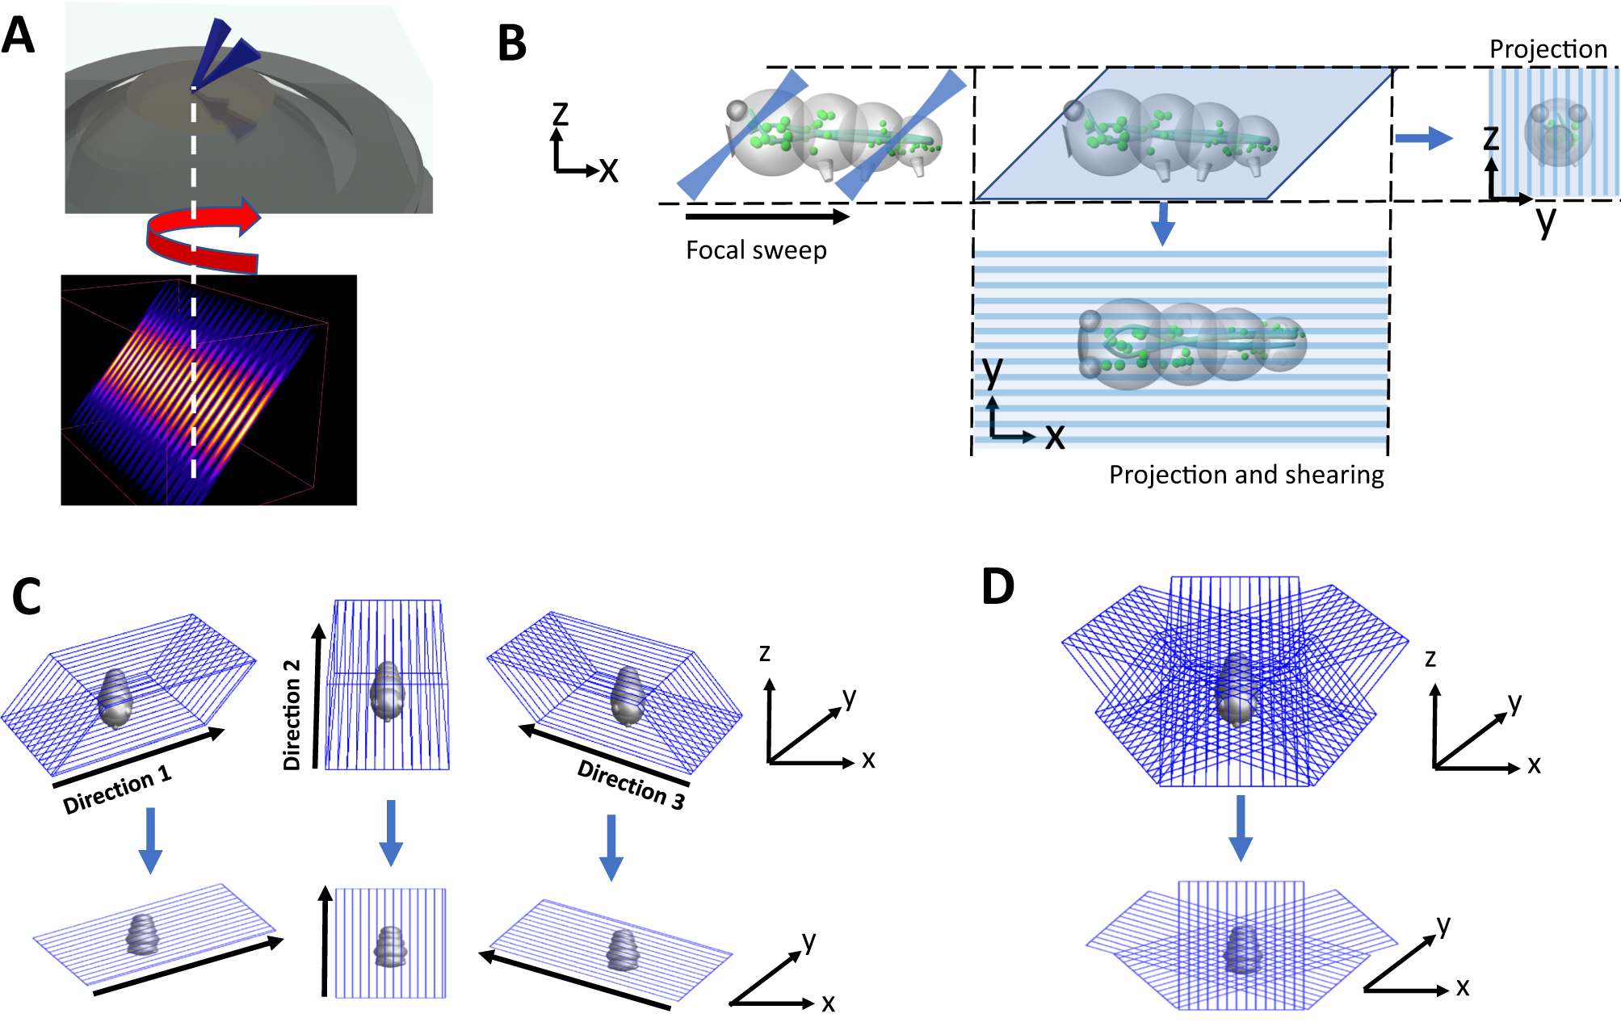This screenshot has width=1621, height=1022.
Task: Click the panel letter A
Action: [19, 36]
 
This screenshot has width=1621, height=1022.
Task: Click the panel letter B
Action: [512, 44]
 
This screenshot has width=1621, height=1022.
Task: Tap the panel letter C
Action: [26, 597]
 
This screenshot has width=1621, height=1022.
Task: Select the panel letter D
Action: [998, 587]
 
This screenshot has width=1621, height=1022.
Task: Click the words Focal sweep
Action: [756, 250]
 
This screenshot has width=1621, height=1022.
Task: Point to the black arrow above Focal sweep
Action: [766, 216]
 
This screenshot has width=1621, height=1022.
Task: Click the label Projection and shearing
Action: [1245, 475]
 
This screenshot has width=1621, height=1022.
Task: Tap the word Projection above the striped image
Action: [1548, 49]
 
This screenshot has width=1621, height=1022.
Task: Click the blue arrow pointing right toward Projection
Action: [1424, 138]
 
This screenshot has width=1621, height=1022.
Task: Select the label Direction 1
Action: [117, 790]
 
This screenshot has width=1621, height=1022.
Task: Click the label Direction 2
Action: [292, 714]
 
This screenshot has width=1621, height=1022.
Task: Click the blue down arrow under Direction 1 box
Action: [150, 840]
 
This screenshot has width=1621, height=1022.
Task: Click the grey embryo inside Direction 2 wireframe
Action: [387, 691]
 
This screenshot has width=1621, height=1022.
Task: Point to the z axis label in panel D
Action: [1430, 658]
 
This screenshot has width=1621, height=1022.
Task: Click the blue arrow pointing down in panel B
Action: [1162, 223]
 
